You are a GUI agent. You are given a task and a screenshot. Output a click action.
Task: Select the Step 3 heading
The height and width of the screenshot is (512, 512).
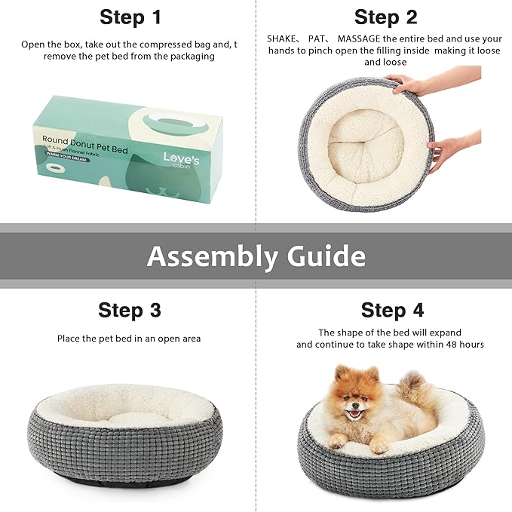point(129,310)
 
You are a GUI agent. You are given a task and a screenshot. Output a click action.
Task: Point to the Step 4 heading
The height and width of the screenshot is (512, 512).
point(392,310)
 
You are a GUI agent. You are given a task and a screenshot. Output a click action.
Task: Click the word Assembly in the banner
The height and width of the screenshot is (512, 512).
point(212,257)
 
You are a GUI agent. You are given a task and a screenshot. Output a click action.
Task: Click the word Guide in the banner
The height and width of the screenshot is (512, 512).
point(326,257)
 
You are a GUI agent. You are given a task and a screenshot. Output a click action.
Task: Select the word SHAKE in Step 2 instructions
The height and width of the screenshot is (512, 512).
point(284,38)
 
